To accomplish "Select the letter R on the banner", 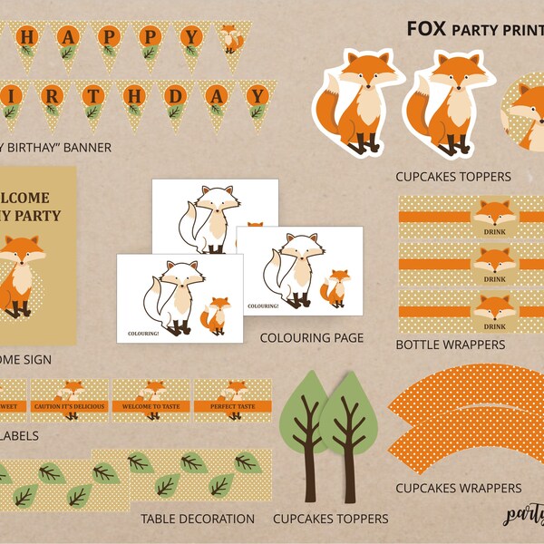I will [x=51, y=95].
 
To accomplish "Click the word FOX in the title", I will [x=425, y=27].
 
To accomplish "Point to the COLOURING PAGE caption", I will [x=311, y=338].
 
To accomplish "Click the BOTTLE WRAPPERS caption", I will [x=451, y=345].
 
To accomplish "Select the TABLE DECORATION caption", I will [x=198, y=519].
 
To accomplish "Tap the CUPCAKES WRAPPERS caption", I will [x=459, y=488].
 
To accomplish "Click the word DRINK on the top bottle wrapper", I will [x=495, y=231].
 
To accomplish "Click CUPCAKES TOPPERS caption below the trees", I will [x=331, y=519].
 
